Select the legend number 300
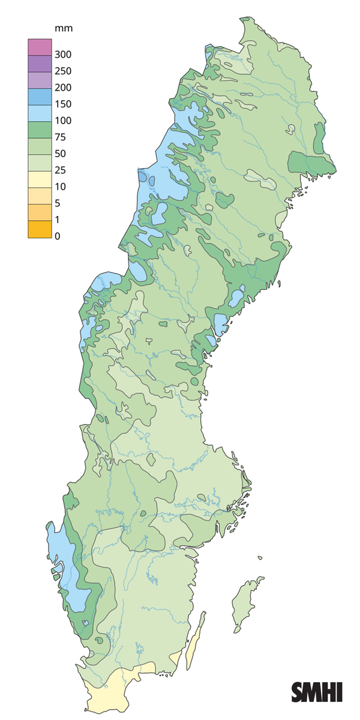tap(62, 55)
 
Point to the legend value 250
tap(62, 71)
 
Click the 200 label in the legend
tap(62, 88)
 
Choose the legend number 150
tap(62, 104)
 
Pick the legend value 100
tap(62, 121)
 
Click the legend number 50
tap(60, 154)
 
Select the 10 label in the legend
tap(60, 187)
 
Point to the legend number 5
tap(58, 203)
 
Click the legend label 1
tap(58, 220)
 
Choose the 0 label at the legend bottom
tap(58, 236)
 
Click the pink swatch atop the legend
tap(37, 46)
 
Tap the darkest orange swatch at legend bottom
tap(37, 229)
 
